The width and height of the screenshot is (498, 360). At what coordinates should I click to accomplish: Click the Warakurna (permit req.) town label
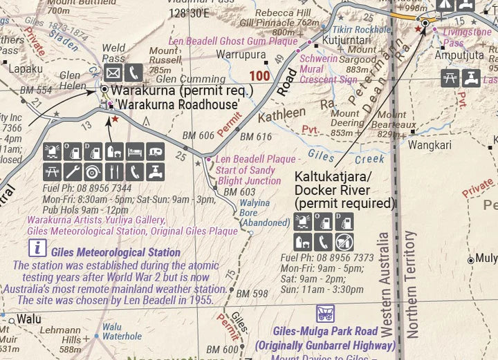(182, 90)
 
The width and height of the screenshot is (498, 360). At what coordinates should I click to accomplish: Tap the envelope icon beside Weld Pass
(113, 72)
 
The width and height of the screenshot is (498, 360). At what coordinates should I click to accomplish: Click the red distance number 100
(260, 75)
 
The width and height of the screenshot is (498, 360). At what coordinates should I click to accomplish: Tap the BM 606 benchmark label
(198, 135)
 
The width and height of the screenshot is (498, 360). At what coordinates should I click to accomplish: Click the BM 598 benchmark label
(251, 294)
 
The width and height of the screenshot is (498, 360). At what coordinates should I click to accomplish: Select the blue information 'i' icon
(37, 248)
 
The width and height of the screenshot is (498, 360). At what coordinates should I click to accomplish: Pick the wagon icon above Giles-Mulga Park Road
(324, 313)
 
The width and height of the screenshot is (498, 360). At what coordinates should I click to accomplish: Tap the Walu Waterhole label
(122, 332)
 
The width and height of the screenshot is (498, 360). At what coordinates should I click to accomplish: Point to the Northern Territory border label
(412, 283)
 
